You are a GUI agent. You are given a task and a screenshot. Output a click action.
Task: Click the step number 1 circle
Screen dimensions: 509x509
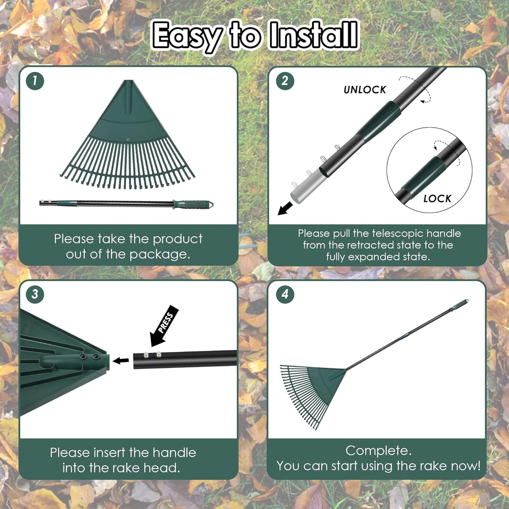(35, 81)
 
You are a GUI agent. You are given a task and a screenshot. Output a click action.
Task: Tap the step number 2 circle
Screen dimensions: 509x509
(285, 81)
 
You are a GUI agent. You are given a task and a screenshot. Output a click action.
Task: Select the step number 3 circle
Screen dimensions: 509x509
(35, 294)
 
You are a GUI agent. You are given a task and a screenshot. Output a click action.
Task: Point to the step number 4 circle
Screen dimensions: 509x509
(285, 294)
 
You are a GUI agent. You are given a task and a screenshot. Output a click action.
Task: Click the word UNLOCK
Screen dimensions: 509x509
(365, 90)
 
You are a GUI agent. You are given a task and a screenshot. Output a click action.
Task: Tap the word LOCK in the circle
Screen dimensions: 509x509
(437, 199)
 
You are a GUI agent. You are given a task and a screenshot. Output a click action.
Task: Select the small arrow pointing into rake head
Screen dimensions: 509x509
(121, 360)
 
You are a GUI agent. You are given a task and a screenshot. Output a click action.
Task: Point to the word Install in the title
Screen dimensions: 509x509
(313, 35)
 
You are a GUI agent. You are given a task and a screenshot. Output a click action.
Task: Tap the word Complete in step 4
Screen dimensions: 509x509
(378, 451)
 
